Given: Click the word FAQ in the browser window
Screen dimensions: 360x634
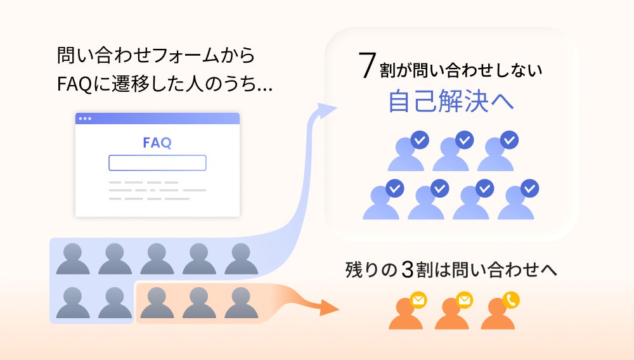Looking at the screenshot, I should [157, 142].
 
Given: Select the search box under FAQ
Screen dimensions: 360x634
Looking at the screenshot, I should [157, 163].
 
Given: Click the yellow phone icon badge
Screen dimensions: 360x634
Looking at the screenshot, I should [510, 299].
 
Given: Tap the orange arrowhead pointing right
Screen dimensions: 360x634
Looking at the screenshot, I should [330, 307].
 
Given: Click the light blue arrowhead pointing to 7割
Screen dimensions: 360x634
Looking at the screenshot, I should [326, 112].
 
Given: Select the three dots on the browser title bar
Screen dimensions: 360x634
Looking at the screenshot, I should [84, 119].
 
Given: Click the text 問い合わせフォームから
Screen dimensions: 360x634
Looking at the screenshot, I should [155, 55].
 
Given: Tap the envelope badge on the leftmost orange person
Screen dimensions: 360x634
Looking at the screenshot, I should [418, 299].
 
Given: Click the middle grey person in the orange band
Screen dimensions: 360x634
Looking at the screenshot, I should [199, 303].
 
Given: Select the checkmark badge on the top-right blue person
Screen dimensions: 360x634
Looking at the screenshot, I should [509, 139].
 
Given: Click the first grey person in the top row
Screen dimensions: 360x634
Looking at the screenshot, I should [73, 259].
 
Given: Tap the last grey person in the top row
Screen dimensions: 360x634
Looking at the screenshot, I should [241, 259].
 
